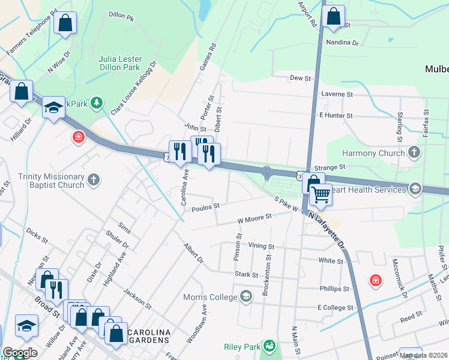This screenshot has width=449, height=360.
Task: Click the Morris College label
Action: pos(209,297)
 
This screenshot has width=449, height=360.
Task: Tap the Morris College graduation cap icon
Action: pos(246,296)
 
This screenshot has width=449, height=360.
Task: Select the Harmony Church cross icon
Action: pos(414,153)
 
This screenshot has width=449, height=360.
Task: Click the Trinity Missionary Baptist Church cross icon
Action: pos(93,179)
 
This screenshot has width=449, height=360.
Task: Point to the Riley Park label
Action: pos(241,347)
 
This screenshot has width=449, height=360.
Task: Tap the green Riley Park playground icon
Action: pos(270,347)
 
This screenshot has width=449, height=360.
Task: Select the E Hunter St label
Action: pos(336,115)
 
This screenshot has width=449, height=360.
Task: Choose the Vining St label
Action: pos(261,246)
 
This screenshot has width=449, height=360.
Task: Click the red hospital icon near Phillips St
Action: pos(375,280)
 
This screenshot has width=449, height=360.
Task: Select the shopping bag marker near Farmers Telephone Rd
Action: pos(65,24)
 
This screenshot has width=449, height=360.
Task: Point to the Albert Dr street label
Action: pos(194,253)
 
